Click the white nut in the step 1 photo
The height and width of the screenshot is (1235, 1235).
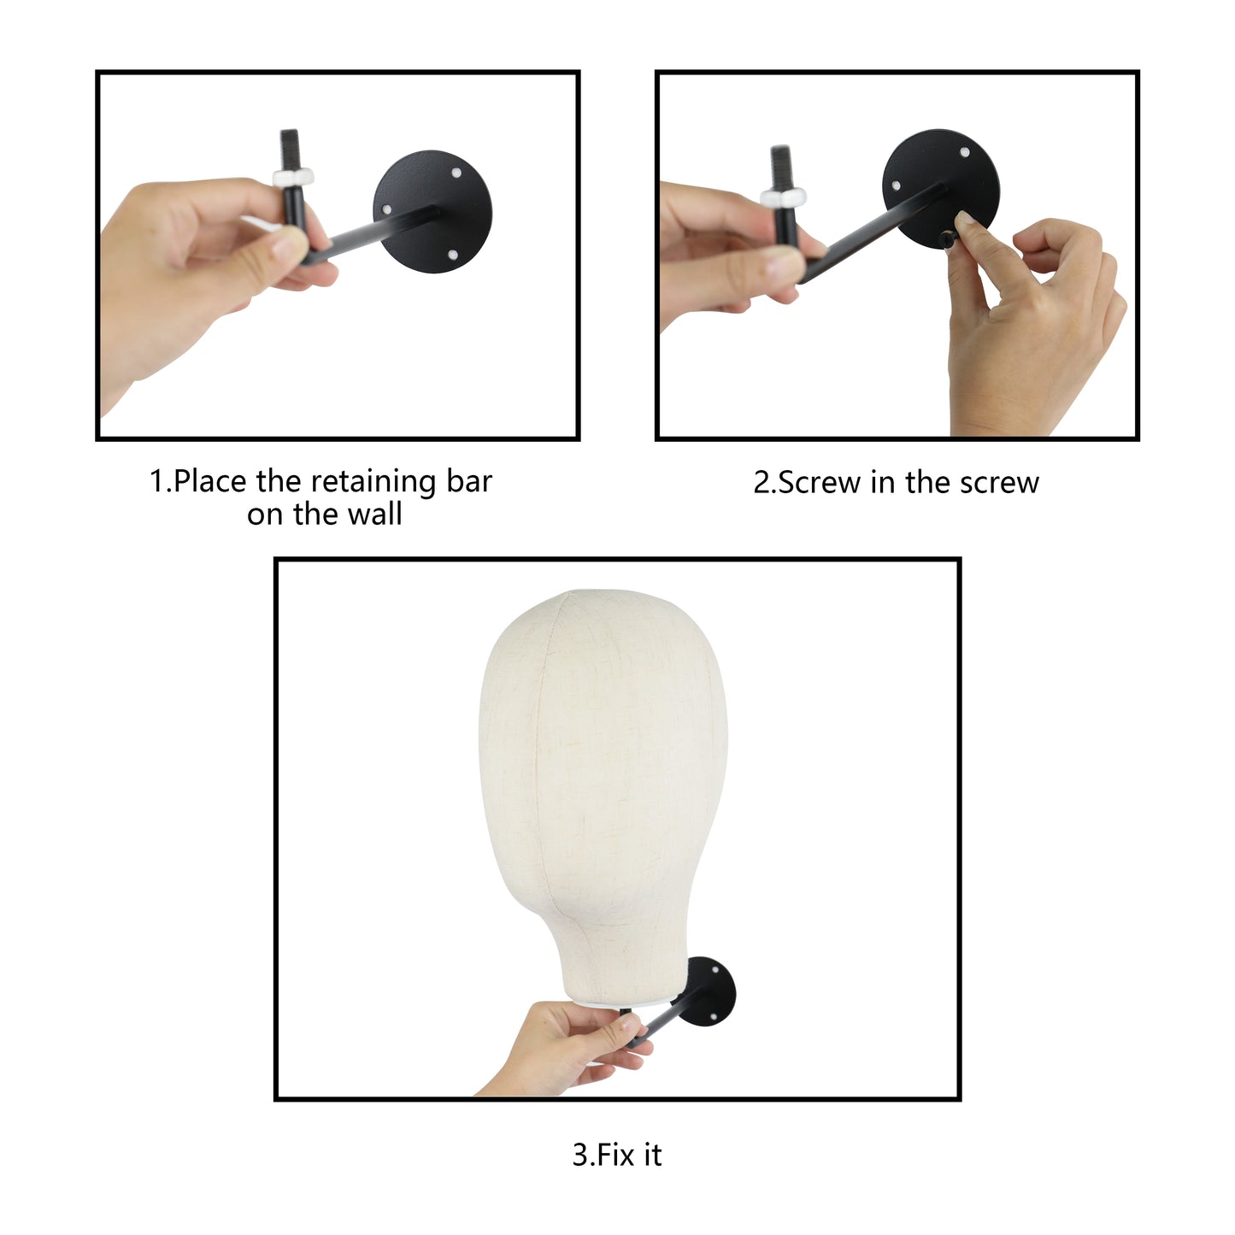[x=292, y=176]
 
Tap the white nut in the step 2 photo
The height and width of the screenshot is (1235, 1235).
[x=783, y=195]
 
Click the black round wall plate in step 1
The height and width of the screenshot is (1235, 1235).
[x=432, y=211]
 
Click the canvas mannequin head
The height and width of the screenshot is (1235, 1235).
[x=603, y=795]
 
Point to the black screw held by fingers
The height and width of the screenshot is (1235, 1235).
[x=947, y=239]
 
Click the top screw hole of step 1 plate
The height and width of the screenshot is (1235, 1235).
[x=456, y=173]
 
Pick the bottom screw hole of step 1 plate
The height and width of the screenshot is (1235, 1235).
[x=452, y=255]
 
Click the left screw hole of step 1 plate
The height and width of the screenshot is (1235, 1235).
[x=386, y=209]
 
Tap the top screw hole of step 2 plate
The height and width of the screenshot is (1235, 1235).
[x=965, y=152]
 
